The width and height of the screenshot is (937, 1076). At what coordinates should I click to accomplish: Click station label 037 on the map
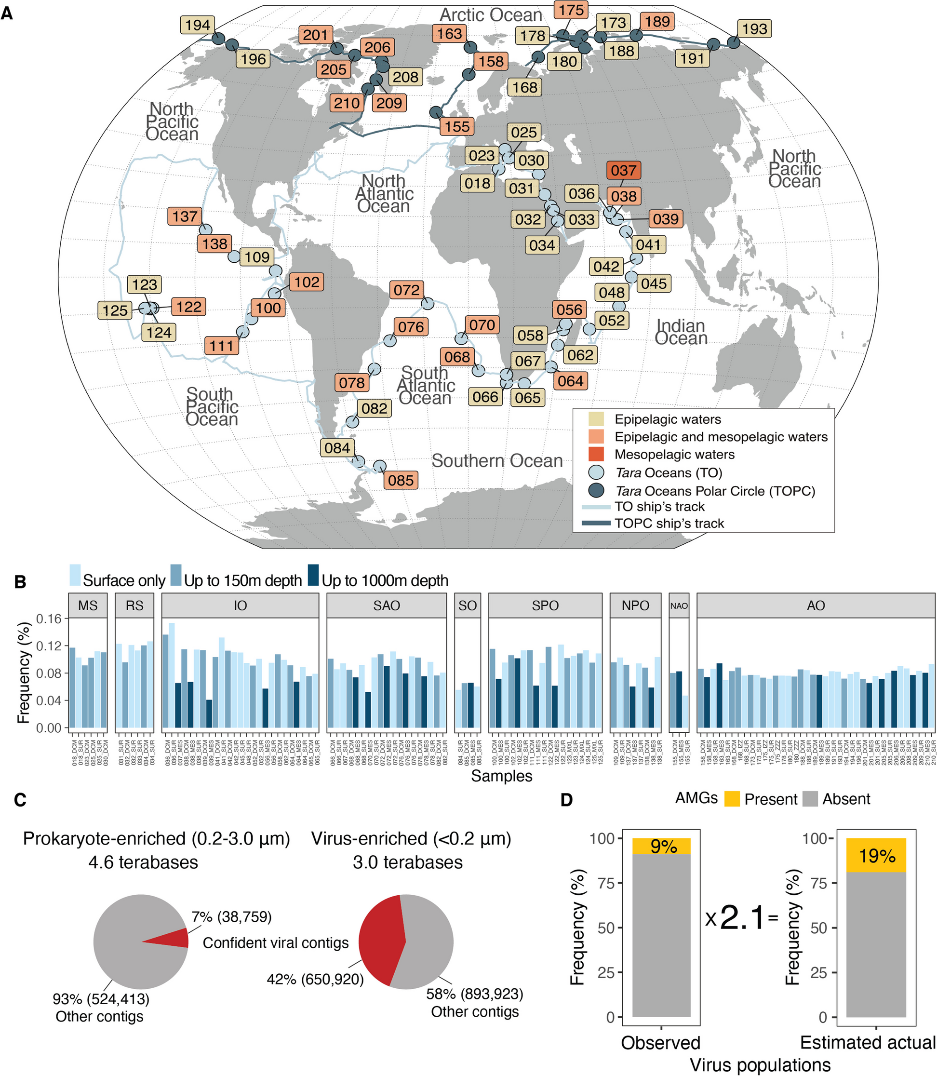pos(623,171)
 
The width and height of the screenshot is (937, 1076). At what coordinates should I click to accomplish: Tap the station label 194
pos(198,25)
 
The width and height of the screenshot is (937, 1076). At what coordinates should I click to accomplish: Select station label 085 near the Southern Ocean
pos(401,480)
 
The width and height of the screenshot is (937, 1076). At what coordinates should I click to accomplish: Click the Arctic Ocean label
pos(491,15)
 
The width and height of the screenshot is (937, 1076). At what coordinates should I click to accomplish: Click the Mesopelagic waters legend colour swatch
pos(596,454)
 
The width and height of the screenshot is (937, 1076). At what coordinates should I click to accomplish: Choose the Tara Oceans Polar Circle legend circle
pos(596,490)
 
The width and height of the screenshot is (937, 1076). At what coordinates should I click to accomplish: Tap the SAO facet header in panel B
pos(387,605)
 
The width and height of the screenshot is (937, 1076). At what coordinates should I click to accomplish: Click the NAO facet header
pos(679,605)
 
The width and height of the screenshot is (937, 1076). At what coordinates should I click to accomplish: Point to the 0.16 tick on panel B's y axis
pos(48,619)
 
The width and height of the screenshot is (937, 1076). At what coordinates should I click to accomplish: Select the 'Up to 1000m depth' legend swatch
pos(313,575)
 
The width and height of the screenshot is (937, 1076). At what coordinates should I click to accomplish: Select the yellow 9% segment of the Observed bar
pos(661,847)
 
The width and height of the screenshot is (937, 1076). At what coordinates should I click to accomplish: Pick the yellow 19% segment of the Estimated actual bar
pos(876,855)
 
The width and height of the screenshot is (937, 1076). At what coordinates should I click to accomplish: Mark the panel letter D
pos(566,800)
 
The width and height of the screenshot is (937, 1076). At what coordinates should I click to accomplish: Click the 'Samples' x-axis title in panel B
pos(501,776)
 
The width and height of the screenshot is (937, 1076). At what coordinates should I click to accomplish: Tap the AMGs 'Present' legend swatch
pos(732,799)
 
